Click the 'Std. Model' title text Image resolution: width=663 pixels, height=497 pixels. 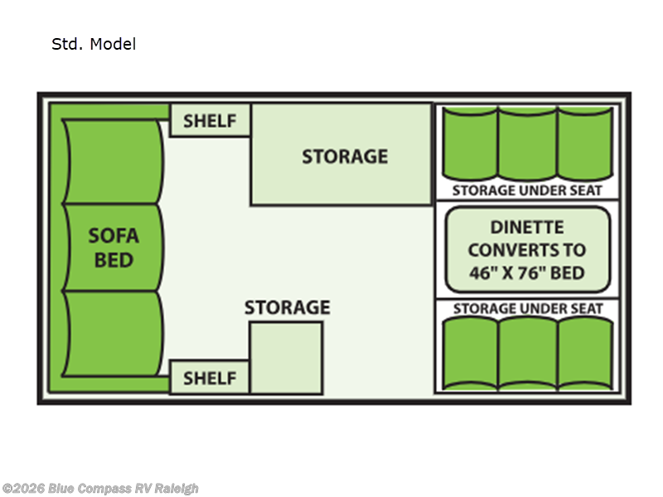click(94, 45)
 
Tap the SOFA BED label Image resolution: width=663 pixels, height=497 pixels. click(114, 248)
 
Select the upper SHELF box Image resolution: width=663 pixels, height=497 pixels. click(210, 121)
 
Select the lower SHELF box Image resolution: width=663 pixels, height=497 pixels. click(210, 378)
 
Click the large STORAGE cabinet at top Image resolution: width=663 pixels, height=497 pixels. click(343, 156)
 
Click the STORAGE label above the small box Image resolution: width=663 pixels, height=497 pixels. click(287, 308)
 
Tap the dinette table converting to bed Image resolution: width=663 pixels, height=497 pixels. click(527, 249)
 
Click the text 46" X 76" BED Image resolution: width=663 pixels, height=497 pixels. click(527, 273)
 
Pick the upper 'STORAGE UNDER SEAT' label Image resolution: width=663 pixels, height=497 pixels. click(527, 191)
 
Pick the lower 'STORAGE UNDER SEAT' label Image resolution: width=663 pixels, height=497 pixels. click(527, 309)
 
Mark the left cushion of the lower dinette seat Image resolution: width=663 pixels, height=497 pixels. click(469, 354)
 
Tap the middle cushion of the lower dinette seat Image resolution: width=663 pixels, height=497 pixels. click(527, 354)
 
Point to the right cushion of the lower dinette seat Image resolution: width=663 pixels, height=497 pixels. click(584, 354)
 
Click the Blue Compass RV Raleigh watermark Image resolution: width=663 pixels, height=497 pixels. click(100, 489)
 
